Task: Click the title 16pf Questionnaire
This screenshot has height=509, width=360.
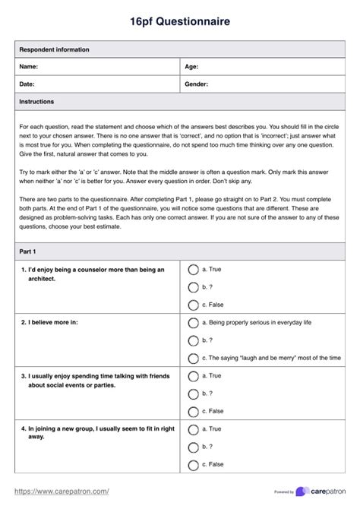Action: click(180, 22)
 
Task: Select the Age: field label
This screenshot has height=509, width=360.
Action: click(191, 67)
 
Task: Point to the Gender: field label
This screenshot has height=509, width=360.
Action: click(197, 84)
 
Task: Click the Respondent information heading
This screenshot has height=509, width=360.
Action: click(54, 49)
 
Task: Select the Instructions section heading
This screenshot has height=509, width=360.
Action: click(36, 101)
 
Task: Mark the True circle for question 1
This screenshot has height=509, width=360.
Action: click(193, 269)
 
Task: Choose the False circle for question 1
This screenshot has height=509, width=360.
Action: click(193, 305)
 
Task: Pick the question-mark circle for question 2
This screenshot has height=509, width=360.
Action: click(193, 340)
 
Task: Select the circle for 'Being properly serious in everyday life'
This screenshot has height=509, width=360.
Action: click(193, 322)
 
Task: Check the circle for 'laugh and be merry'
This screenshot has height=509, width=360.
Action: click(193, 358)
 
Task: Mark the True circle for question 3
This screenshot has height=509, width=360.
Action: click(193, 375)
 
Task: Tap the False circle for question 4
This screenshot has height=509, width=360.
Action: click(193, 464)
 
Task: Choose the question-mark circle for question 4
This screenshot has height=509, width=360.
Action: click(193, 447)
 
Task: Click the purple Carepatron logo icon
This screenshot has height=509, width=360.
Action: click(302, 492)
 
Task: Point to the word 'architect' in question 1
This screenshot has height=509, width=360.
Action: click(43, 278)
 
